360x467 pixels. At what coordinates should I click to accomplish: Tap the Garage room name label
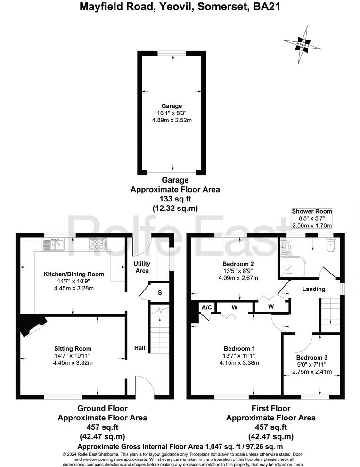(x=170, y=106)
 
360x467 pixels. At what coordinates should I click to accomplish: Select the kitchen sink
(x=53, y=244)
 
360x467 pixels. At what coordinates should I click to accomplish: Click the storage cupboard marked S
(x=160, y=292)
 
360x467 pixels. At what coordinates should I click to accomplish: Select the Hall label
(x=140, y=348)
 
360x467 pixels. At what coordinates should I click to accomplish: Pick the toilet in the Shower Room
(x=330, y=244)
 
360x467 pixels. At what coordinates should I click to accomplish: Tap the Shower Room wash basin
(x=286, y=246)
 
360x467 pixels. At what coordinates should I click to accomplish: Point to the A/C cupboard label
(x=206, y=307)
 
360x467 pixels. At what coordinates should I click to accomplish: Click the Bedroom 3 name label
(x=308, y=358)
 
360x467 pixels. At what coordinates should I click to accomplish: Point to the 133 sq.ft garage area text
(x=175, y=199)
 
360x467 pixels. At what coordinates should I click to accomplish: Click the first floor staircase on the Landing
(x=330, y=315)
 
